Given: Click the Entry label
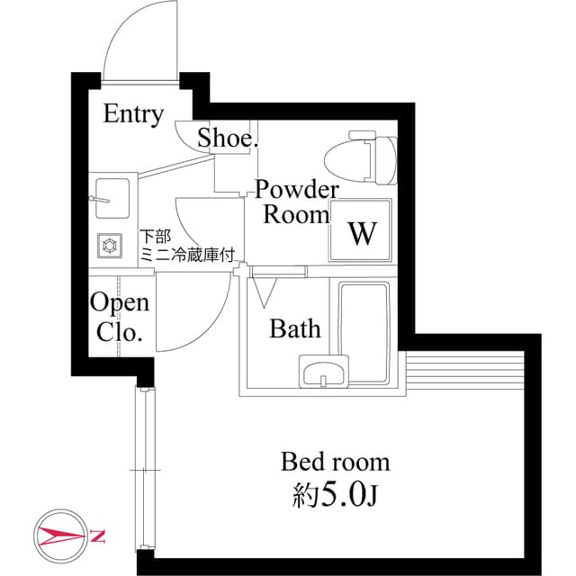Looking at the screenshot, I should coord(133,114).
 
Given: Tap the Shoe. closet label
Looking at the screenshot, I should coord(228,139).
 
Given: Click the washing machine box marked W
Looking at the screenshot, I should coord(362,233).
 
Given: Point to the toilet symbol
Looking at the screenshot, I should coord(364,157).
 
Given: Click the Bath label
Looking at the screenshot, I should coord(295,329).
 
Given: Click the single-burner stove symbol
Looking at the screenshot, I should coord(112,245).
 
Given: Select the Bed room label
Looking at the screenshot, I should coord(336,463).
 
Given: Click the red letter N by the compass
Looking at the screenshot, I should coord(98,538).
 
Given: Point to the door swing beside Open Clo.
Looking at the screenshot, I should coord(193,315).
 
